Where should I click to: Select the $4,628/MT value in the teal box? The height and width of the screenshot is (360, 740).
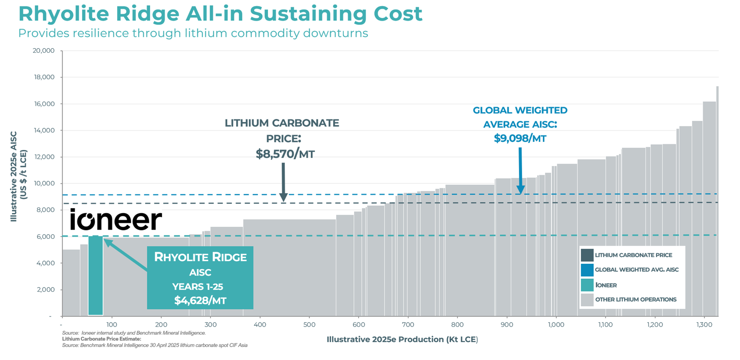pos(200,300)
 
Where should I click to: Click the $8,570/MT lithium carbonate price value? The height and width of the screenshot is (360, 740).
pos(285,154)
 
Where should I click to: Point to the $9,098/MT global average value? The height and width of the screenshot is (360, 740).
pos(520,139)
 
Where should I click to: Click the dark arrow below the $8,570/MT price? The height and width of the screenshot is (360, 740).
pos(283,182)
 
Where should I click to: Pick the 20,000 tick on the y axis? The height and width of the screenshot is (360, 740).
pos(44,51)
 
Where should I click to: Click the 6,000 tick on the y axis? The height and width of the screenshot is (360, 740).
pos(46,237)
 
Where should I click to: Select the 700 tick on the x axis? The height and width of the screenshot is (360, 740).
pos(408,325)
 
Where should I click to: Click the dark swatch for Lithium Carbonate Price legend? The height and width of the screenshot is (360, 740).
pos(587,255)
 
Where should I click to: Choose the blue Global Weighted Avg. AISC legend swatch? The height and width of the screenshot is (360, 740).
pos(587,270)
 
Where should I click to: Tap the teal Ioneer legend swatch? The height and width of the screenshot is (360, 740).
pos(587,285)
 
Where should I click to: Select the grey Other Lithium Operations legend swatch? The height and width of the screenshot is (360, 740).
pos(587,300)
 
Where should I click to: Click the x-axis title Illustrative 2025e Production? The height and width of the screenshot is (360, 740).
pos(402,339)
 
